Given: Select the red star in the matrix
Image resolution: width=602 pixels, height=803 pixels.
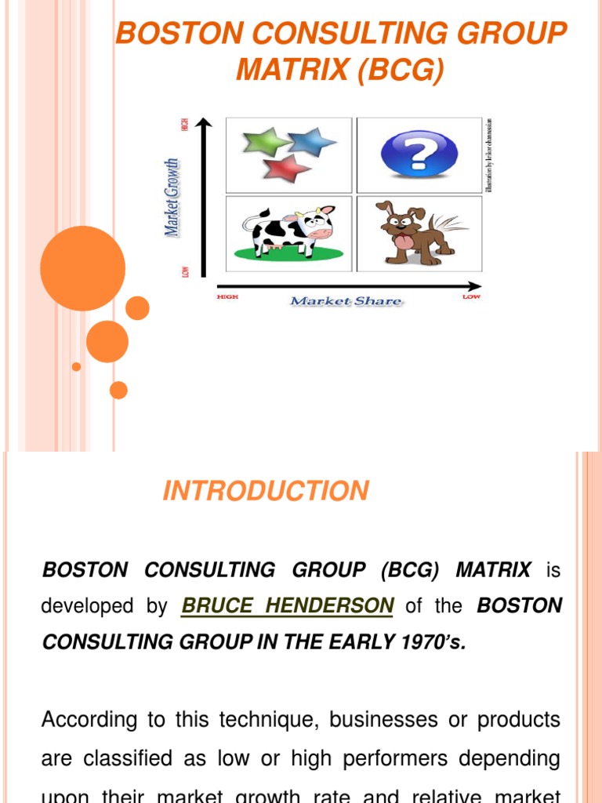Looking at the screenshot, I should click(286, 168).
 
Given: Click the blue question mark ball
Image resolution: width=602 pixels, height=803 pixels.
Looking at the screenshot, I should click(419, 152).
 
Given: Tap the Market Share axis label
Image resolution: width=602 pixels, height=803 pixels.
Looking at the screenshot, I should click(346, 301).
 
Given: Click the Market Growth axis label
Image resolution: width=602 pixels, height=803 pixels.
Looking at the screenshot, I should click(171, 197).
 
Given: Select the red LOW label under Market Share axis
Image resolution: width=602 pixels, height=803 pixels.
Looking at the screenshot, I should click(471, 298).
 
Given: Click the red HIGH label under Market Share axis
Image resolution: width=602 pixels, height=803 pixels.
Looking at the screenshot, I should click(227, 297).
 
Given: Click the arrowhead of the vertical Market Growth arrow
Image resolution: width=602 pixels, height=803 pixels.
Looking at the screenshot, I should click(204, 123).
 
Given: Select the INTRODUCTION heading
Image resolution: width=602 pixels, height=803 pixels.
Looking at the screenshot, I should click(265, 492).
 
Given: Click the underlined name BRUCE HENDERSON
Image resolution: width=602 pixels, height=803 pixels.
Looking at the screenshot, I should click(287, 606).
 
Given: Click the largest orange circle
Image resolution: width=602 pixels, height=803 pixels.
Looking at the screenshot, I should click(82, 268).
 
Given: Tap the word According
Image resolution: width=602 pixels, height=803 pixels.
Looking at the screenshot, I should click(88, 719).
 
